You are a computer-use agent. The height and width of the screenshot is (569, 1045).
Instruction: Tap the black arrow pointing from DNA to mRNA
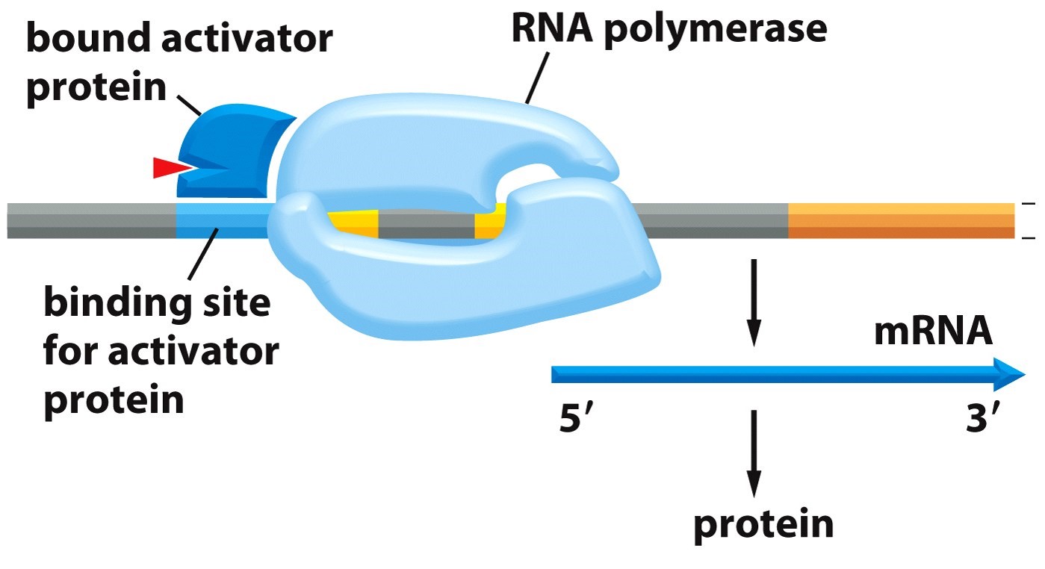tap(754, 302)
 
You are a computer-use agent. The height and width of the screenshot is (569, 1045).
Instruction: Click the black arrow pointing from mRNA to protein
tap(754, 452)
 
